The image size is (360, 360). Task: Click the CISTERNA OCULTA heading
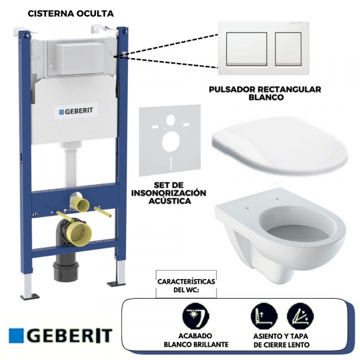coord(71,12)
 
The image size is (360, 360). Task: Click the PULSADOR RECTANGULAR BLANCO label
coord(265,93)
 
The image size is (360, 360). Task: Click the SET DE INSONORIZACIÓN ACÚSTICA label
coord(167,193)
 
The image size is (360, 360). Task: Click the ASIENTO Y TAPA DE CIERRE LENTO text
coord(282,341)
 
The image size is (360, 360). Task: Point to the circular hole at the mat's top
coord(170,119)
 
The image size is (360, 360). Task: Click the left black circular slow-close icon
coord(262,314)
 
